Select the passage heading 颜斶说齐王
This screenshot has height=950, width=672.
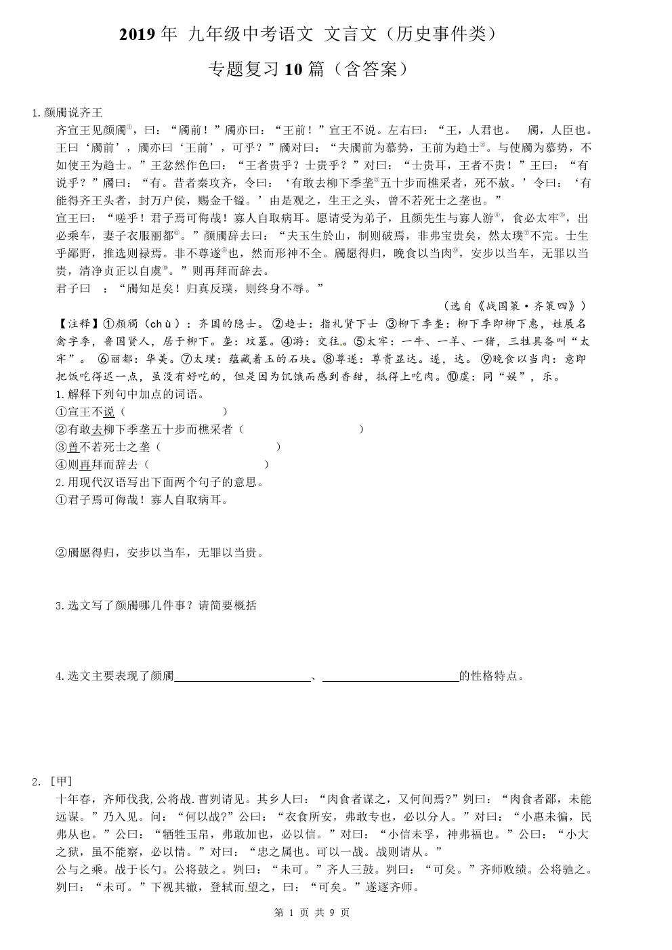pyautogui.click(x=72, y=113)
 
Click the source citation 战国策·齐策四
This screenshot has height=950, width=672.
pyautogui.click(x=520, y=306)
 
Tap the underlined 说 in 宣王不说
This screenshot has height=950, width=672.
pyautogui.click(x=109, y=412)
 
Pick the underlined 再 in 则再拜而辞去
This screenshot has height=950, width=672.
pyautogui.click(x=85, y=465)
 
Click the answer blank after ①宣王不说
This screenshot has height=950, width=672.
pyautogui.click(x=173, y=412)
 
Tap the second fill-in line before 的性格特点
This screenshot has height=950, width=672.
pyautogui.click(x=390, y=676)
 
